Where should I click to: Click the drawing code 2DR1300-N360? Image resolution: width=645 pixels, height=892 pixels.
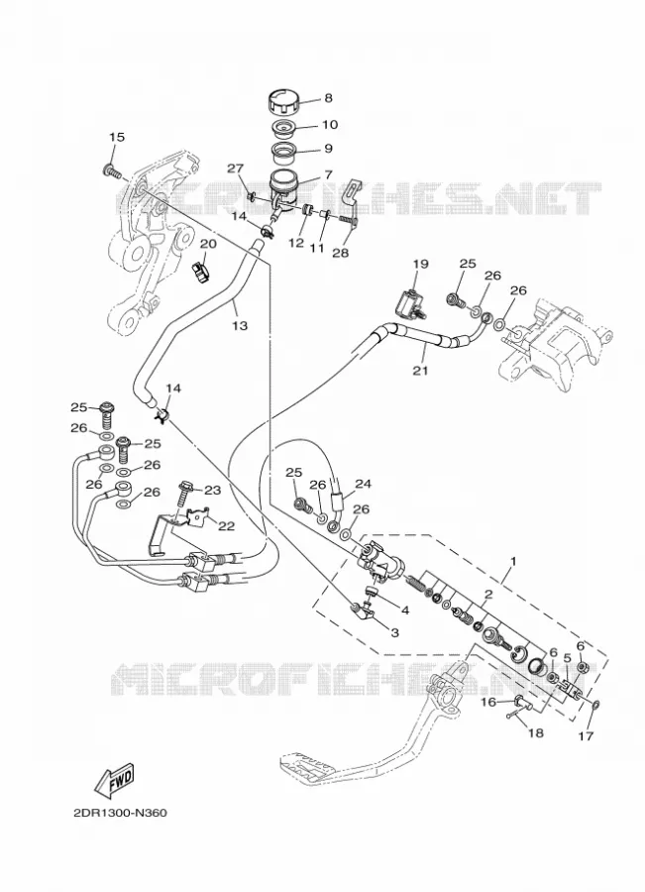point(120,813)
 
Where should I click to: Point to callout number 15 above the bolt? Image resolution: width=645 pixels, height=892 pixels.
point(117,137)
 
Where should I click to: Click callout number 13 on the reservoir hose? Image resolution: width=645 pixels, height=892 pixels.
point(240,326)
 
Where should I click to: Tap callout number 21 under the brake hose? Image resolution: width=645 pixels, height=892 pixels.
point(420,371)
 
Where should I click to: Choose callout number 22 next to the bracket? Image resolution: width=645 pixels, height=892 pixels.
point(226,526)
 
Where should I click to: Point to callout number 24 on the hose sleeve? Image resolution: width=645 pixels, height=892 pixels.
point(363,484)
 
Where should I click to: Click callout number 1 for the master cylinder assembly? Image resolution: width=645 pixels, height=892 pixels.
point(512,561)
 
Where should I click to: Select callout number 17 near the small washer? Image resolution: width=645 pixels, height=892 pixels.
point(586,736)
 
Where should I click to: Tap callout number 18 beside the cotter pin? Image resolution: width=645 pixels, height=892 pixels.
point(535,732)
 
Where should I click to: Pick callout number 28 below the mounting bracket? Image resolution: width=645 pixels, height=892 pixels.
point(340,253)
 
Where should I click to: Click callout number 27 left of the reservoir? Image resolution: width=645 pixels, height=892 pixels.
point(236,168)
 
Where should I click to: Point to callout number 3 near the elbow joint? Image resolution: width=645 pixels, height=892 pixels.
point(394,632)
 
